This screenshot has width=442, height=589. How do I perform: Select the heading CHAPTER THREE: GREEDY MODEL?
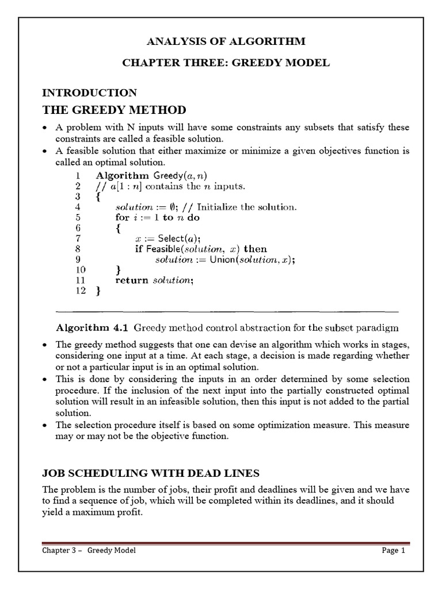tap(226, 63)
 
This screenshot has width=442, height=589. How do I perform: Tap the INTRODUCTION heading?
tap(90, 93)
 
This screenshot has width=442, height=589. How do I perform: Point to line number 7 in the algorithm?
tap(78, 238)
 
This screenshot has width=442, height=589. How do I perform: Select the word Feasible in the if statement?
tap(166, 249)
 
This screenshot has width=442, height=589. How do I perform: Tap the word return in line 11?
tap(132, 280)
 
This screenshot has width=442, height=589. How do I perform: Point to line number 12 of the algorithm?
tap(80, 291)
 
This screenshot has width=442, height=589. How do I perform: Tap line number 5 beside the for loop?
tap(78, 217)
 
